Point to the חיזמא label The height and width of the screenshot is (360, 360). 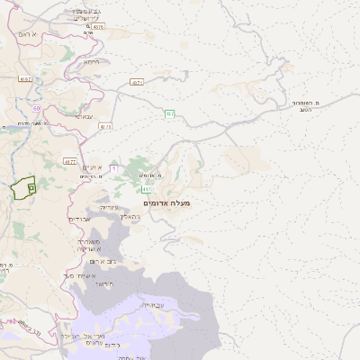coord(92,63)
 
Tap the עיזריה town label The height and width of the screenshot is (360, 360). coord(110,207)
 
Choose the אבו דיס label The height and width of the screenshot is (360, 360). coord(80,220)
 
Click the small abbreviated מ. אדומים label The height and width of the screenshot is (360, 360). coord(149,175)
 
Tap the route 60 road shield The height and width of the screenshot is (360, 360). coord(37,107)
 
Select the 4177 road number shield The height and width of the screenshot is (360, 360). coord(70,161)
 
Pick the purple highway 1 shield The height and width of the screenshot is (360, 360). coord(114,168)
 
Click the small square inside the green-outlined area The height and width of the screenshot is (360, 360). coord(31,187)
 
